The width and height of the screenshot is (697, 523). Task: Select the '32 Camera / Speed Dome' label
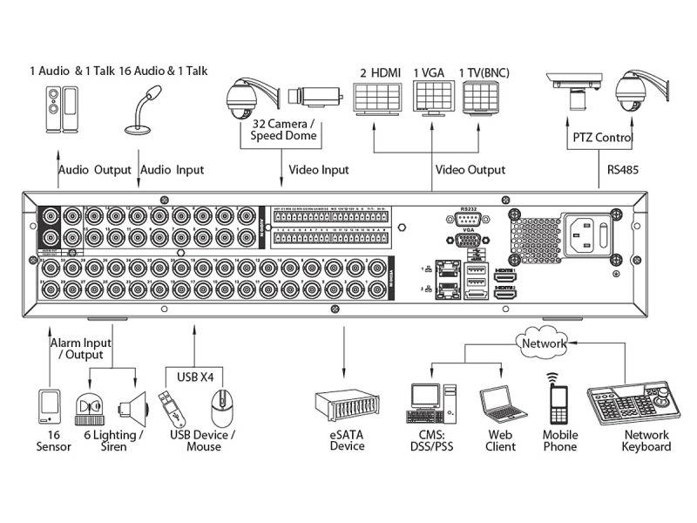coord(283,129)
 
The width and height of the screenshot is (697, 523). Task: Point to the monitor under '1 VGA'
coord(432,97)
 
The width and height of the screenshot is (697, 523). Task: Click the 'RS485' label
coord(625,170)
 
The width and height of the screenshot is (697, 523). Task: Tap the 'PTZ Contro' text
coord(602,138)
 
